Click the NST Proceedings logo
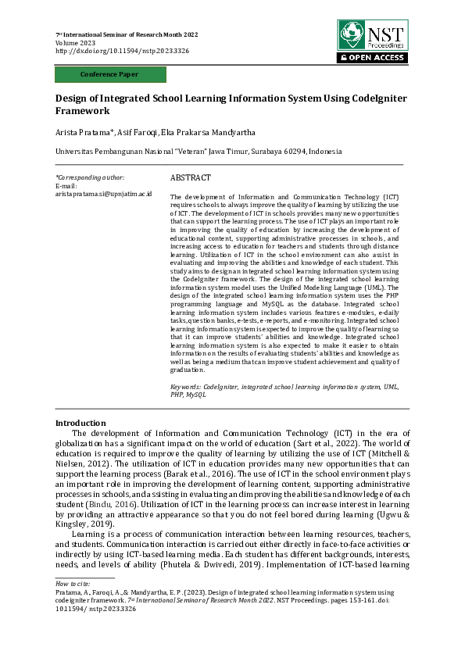pyautogui.click(x=372, y=36)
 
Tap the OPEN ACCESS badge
pyautogui.click(x=373, y=58)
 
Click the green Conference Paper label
pyautogui.click(x=110, y=74)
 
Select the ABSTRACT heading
pyautogui.click(x=190, y=178)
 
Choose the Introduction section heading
pyautogui.click(x=80, y=423)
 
